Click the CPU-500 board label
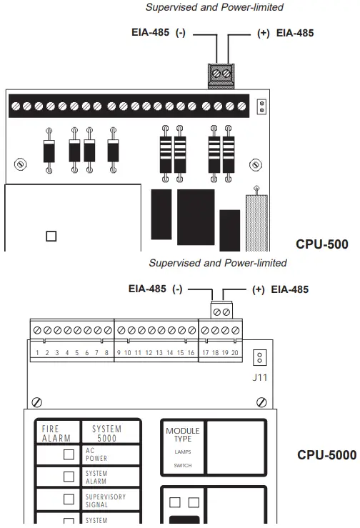(321, 244)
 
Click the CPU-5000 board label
(326, 454)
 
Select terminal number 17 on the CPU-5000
(205, 353)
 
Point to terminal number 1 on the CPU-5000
(36, 353)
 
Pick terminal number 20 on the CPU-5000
(235, 353)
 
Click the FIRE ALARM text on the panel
(56, 433)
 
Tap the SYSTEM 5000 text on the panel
(106, 433)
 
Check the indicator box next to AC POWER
(69, 454)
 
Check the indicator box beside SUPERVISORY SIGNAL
(69, 499)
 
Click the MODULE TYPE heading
(183, 435)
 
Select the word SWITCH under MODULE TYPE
(183, 465)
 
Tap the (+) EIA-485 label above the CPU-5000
(281, 289)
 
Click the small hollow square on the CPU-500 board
(51, 236)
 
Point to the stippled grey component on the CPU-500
(255, 221)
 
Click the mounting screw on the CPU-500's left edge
(22, 164)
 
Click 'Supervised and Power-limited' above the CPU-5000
(217, 263)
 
